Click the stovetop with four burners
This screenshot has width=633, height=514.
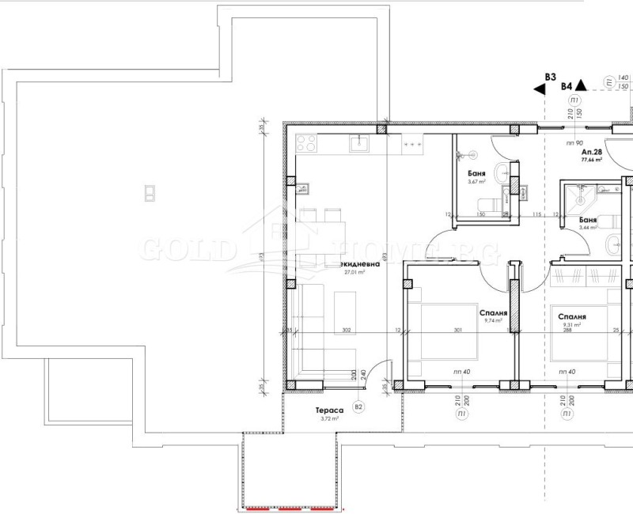pos(306,144)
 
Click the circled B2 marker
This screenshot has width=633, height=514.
pos(358,407)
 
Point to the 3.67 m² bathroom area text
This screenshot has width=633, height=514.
pos(475,182)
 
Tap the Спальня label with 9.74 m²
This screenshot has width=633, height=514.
pos(492,312)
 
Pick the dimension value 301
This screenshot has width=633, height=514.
pos(457,331)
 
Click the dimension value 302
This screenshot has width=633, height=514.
pos(345,331)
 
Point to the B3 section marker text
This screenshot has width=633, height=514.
pos(550,77)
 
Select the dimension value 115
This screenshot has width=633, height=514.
pos(536,214)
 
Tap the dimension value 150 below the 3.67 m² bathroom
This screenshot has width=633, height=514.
pos(479,214)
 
